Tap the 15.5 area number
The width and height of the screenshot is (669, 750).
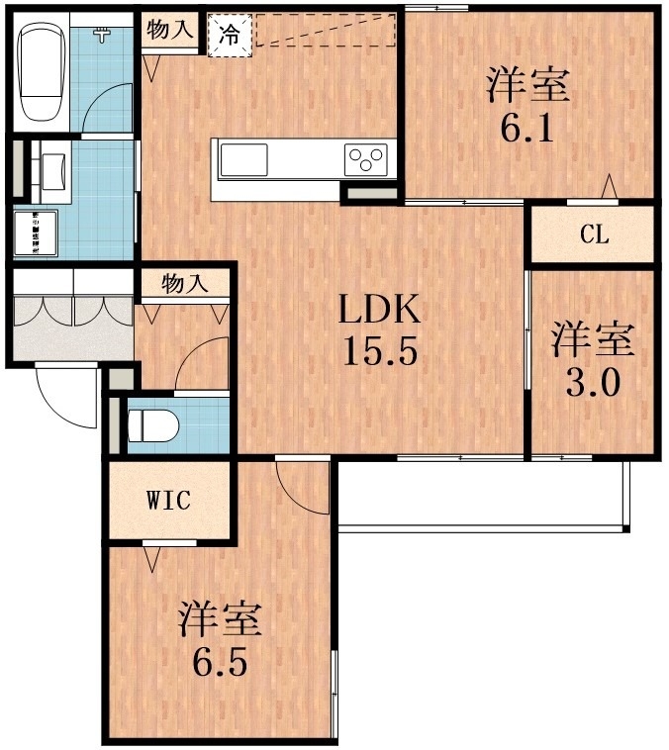381,351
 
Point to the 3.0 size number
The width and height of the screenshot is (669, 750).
593,382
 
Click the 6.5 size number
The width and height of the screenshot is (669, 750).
219,660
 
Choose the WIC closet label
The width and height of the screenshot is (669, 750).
167,500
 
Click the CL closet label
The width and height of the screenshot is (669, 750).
593,235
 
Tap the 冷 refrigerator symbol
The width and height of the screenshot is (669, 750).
229,35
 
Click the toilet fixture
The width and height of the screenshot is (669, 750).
153,425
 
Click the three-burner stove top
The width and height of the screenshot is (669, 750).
366,158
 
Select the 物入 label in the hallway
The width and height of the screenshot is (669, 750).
183,284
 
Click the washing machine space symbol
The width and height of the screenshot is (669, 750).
36,234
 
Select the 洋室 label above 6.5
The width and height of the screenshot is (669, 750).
220,619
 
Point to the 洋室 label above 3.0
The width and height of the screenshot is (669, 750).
593,339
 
